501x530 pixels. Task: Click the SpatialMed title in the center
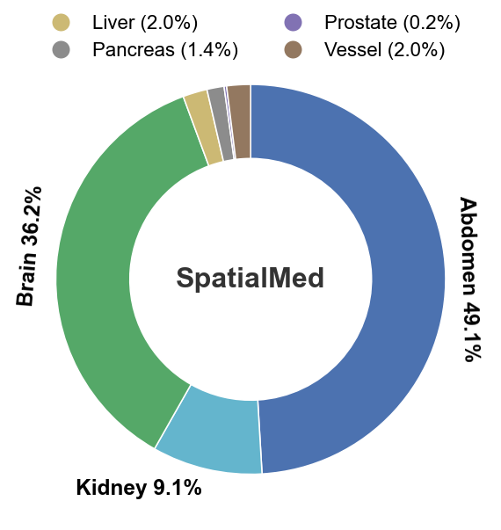(x=250, y=279)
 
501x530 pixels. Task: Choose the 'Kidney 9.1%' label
(x=139, y=487)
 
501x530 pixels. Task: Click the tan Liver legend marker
(x=62, y=23)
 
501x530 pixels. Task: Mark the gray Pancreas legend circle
(x=62, y=49)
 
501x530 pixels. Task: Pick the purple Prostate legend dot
(x=294, y=23)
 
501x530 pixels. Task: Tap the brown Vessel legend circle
(x=294, y=49)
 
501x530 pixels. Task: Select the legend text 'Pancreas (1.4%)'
(x=165, y=49)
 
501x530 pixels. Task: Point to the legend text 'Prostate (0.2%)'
(x=391, y=23)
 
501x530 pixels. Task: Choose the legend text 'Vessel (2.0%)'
(x=384, y=49)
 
